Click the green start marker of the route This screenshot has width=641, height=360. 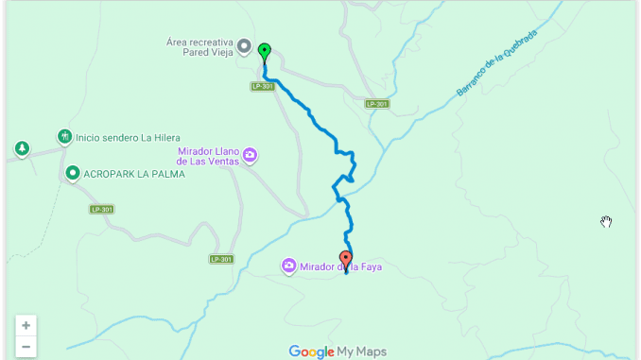tap(264, 52)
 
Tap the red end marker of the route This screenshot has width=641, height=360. tap(346, 259)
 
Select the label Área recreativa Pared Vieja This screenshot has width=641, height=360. tap(199, 46)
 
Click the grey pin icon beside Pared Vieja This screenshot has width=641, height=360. tap(244, 45)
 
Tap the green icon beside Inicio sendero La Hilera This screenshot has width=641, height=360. tap(64, 136)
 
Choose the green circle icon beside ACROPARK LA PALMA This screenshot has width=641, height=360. tap(73, 173)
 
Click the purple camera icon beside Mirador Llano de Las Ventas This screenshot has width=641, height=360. tap(250, 156)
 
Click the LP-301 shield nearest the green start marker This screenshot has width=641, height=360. tap(264, 86)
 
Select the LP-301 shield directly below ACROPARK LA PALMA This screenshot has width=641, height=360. tap(103, 209)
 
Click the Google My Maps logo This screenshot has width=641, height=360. tap(338, 351)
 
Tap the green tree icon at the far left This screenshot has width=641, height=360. tap(21, 148)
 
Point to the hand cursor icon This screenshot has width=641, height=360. tap(606, 222)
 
